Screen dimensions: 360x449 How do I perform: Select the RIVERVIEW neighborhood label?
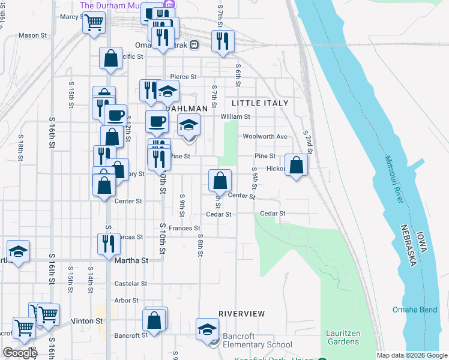coord(241,314)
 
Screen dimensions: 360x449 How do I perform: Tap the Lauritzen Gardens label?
coord(343,337)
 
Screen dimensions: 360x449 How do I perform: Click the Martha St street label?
coord(131,260)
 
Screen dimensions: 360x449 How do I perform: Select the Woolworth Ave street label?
coord(265,136)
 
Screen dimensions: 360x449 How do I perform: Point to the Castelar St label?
coord(131,283)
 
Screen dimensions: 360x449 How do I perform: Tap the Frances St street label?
coord(184,228)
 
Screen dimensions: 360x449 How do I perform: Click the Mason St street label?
coord(32,35)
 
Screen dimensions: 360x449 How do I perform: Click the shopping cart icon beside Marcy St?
coord(93,23)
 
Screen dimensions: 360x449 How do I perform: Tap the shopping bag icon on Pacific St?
coord(110,59)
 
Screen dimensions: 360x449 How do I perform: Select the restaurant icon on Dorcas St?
coord(109,243)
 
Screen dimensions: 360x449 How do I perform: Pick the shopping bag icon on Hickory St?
coord(296,165)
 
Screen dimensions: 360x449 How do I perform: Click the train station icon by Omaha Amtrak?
coord(194,45)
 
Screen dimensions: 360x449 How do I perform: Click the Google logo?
coord(20,353)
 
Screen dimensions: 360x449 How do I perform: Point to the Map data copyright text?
coord(411,355)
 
